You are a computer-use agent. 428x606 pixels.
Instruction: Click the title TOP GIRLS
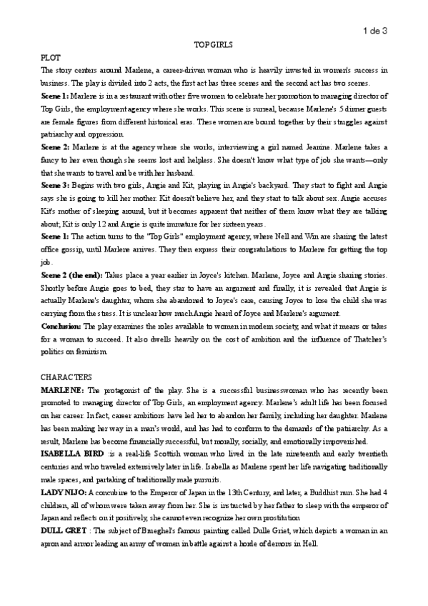pos(214,45)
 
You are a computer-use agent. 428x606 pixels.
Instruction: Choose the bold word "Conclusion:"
pos(61,326)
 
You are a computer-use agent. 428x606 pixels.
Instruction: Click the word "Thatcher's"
pos(367,339)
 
